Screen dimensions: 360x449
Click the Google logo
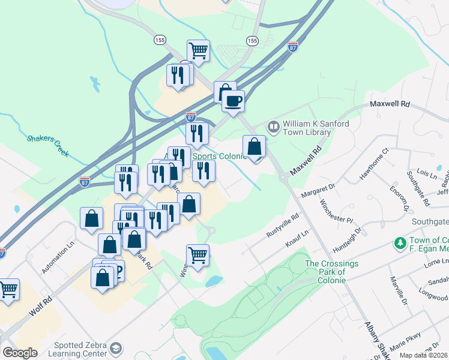[20, 353]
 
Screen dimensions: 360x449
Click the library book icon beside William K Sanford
[273, 126]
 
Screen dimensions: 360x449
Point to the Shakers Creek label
[49, 143]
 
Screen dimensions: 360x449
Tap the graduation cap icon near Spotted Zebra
[116, 348]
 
